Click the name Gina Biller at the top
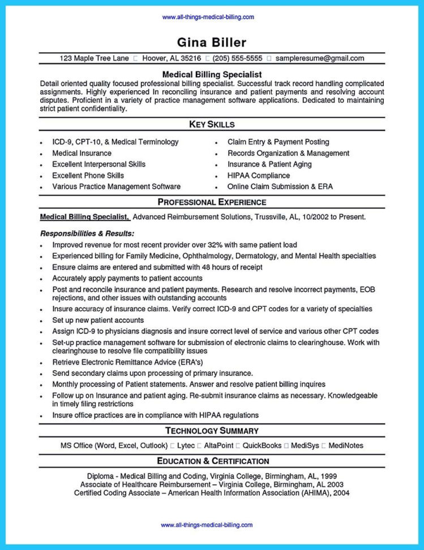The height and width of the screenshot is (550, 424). [212, 43]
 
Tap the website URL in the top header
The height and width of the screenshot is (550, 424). [208, 17]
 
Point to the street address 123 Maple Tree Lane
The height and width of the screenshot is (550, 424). [95, 58]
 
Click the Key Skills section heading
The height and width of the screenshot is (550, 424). [212, 124]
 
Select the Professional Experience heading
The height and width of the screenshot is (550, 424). [212, 202]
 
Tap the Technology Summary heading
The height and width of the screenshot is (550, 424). [212, 431]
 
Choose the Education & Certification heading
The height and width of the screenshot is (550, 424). [212, 461]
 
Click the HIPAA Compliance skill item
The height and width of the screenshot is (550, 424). [259, 176]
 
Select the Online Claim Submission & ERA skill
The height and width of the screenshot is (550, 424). [280, 187]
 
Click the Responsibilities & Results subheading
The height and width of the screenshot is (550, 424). [87, 233]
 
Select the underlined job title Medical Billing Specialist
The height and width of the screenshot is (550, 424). [84, 217]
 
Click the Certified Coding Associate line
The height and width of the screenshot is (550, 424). [212, 493]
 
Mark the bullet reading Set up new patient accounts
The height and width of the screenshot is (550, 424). [98, 320]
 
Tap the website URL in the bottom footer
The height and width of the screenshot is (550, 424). [207, 525]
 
